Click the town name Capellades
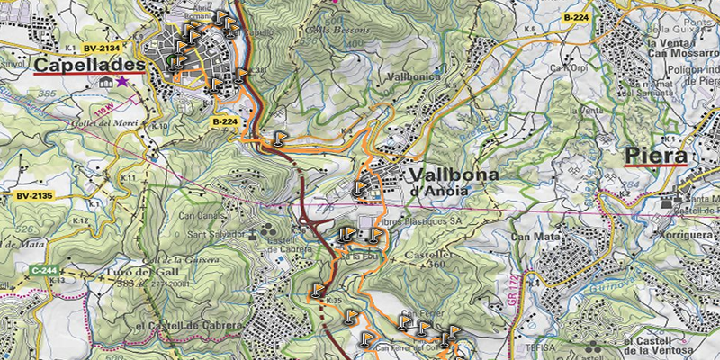(89, 66)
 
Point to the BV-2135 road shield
(34, 195)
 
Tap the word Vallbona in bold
(451, 174)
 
